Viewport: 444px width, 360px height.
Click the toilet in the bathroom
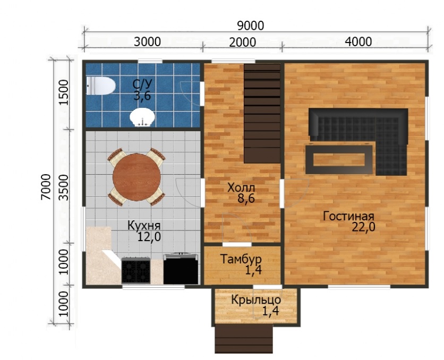(x=101, y=86)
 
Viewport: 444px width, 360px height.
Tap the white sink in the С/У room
(x=142, y=117)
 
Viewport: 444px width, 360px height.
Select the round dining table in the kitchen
(x=137, y=177)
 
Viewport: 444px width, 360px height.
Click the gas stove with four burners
(x=136, y=270)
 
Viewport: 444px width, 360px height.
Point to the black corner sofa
(x=368, y=136)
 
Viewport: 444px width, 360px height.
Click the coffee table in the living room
(x=339, y=159)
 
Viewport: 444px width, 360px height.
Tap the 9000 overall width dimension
(x=251, y=26)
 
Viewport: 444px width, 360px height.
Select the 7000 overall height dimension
(x=46, y=187)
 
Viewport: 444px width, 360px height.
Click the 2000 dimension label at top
(x=243, y=42)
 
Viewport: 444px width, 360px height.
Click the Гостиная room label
(x=348, y=216)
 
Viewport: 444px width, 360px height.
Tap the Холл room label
(x=241, y=187)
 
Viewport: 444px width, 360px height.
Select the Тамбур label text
(x=241, y=259)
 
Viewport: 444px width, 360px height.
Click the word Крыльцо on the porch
(x=256, y=299)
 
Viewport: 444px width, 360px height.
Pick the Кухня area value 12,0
(x=149, y=237)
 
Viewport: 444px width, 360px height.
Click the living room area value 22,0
(x=364, y=227)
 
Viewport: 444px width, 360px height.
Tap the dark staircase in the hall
(x=262, y=113)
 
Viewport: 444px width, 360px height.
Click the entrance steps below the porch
(x=244, y=338)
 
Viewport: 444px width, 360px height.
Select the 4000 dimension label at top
(x=358, y=42)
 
